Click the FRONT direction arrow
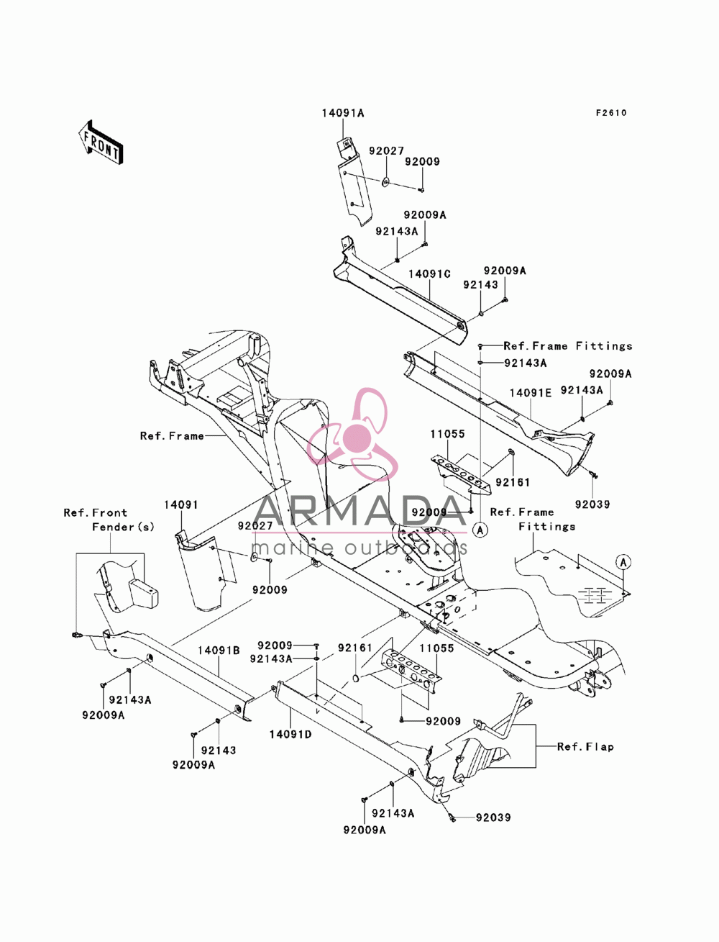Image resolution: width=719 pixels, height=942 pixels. tap(101, 142)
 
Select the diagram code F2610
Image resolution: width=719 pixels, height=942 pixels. tap(611, 113)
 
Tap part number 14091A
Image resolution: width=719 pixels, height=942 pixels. tap(343, 113)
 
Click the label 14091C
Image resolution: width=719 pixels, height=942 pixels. tap(429, 273)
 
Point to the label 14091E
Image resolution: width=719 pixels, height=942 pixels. tap(531, 393)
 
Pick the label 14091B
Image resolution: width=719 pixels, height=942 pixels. tap(219, 650)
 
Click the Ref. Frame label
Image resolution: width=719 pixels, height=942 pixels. tap(172, 436)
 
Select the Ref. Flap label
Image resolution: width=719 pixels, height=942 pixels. tap(585, 747)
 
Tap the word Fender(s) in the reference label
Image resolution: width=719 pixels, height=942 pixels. tap(123, 527)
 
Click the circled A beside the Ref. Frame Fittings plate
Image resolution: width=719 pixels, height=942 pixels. tap(623, 562)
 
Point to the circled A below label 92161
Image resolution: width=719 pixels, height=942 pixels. tap(480, 530)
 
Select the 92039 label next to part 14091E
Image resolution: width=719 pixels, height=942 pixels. tap(592, 504)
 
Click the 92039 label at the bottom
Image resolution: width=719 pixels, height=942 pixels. tap(493, 818)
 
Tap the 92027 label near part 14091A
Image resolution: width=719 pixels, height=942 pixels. tap(386, 151)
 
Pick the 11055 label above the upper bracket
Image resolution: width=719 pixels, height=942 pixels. tap(448, 434)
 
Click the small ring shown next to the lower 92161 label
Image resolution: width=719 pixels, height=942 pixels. tap(355, 678)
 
